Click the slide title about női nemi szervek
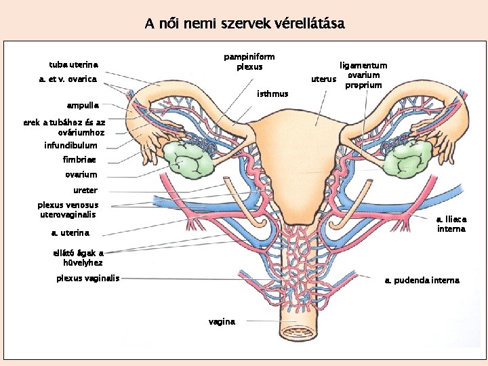pyautogui.click(x=244, y=24)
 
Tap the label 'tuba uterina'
pyautogui.click(x=73, y=65)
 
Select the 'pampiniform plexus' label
pyautogui.click(x=249, y=62)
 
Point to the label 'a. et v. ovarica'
pyautogui.click(x=68, y=79)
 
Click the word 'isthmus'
pyautogui.click(x=273, y=94)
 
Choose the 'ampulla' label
pyautogui.click(x=82, y=106)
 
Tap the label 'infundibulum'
pyautogui.click(x=70, y=145)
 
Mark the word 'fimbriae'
pyautogui.click(x=79, y=160)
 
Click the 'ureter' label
pyautogui.click(x=85, y=190)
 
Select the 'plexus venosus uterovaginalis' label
pyautogui.click(x=68, y=209)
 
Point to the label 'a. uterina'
pyautogui.click(x=70, y=232)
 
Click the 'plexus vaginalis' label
pyautogui.click(x=87, y=278)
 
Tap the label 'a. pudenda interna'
pyautogui.click(x=422, y=280)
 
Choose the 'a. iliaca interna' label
pyautogui.click(x=451, y=224)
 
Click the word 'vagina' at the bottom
pyautogui.click(x=222, y=321)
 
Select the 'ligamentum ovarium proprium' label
pyautogui.click(x=363, y=75)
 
